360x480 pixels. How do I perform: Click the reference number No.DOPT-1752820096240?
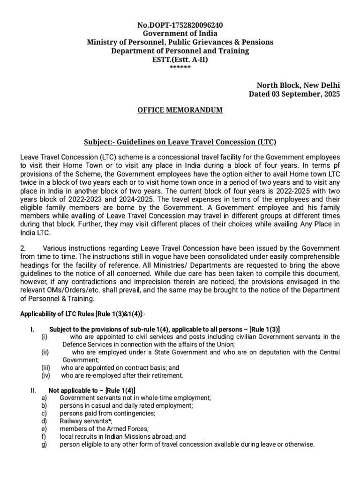(x=180, y=25)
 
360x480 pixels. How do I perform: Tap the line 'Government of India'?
(x=180, y=33)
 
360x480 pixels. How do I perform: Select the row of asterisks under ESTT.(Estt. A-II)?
(x=180, y=67)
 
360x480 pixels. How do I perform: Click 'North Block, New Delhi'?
(x=298, y=85)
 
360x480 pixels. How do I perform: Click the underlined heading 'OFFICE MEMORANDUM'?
(x=180, y=110)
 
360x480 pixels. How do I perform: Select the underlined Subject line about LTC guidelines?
(x=180, y=142)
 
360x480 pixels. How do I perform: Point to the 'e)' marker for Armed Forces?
(x=44, y=429)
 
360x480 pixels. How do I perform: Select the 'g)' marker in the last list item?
(x=44, y=444)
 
